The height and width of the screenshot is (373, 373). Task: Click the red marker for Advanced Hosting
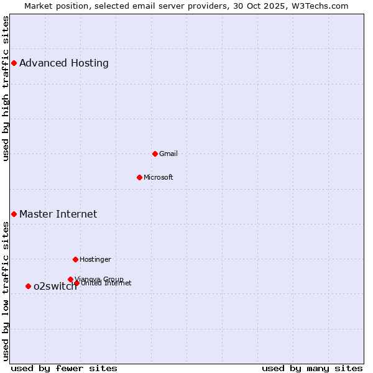14,63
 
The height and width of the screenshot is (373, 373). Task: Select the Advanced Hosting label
64,63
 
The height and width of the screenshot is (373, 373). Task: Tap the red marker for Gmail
155,154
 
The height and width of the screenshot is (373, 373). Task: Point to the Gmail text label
168,154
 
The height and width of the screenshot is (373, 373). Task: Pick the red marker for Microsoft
139,177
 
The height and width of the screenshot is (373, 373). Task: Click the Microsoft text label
158,177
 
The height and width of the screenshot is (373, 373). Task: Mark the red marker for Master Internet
14,214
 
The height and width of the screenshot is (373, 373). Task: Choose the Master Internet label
58,214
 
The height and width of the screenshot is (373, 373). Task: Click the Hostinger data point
75,259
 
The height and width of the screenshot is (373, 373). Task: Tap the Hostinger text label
95,259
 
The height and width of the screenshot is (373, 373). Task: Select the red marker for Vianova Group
70,279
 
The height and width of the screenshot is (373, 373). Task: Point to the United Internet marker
76,283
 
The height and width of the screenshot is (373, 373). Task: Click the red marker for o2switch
28,286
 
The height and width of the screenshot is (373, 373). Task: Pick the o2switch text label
55,287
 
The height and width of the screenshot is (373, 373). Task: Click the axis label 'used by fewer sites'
64,368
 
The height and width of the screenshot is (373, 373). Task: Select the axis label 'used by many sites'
312,368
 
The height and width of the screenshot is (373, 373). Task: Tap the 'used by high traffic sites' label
6,88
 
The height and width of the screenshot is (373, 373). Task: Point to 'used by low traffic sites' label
6,291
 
